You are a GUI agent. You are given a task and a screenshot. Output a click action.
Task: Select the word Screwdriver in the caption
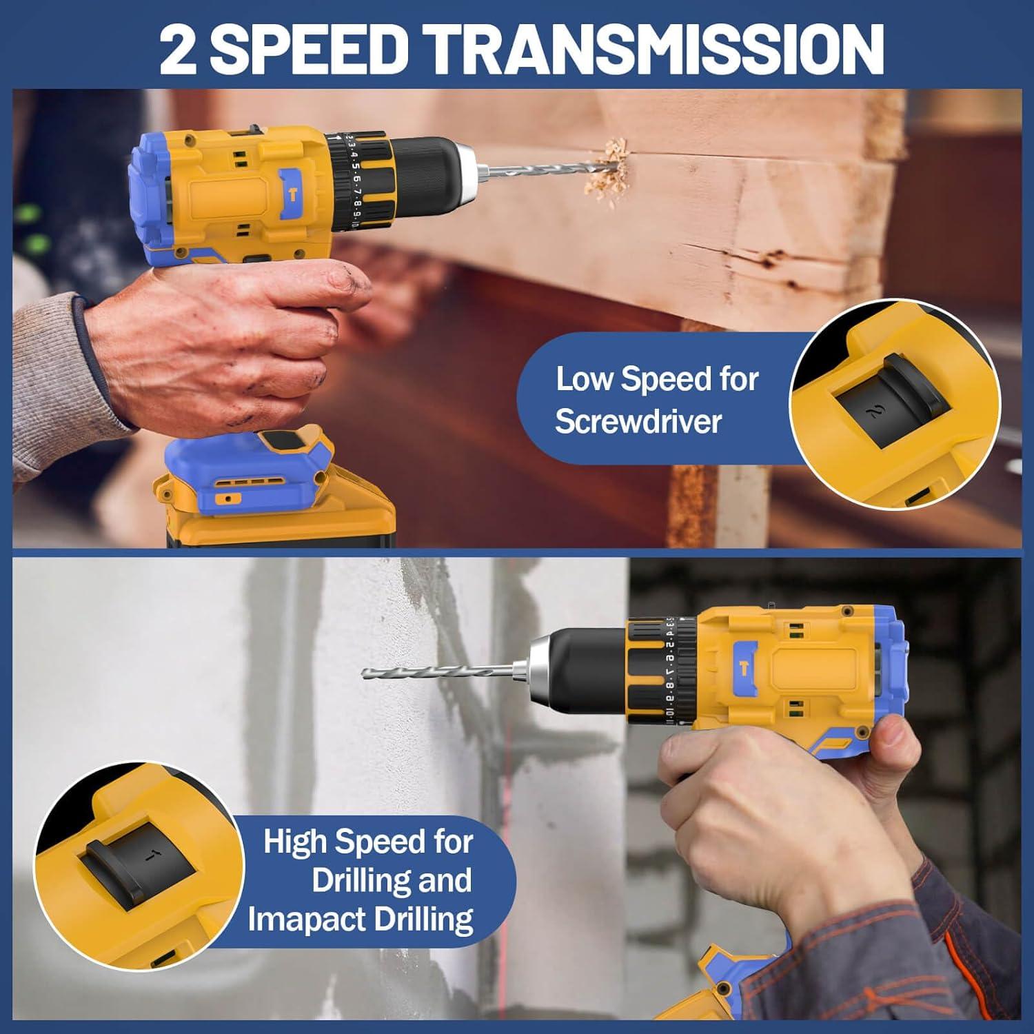point(638,421)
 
